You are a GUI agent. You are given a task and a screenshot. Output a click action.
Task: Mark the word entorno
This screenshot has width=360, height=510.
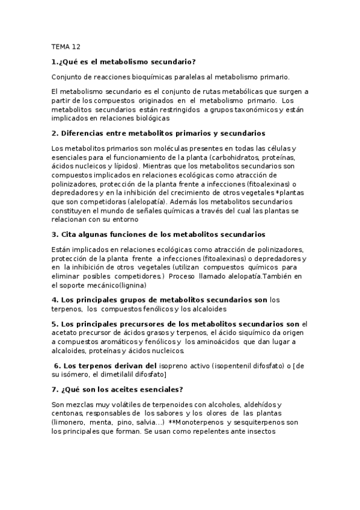pyautogui.click(x=149, y=220)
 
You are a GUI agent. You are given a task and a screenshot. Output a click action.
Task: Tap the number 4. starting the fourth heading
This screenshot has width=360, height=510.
pyautogui.click(x=55, y=300)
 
